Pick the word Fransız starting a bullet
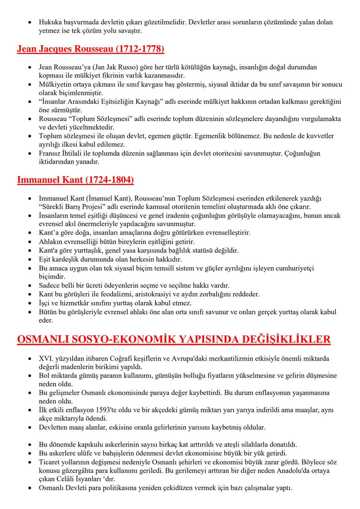point(49,154)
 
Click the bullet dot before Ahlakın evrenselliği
point(31,242)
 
